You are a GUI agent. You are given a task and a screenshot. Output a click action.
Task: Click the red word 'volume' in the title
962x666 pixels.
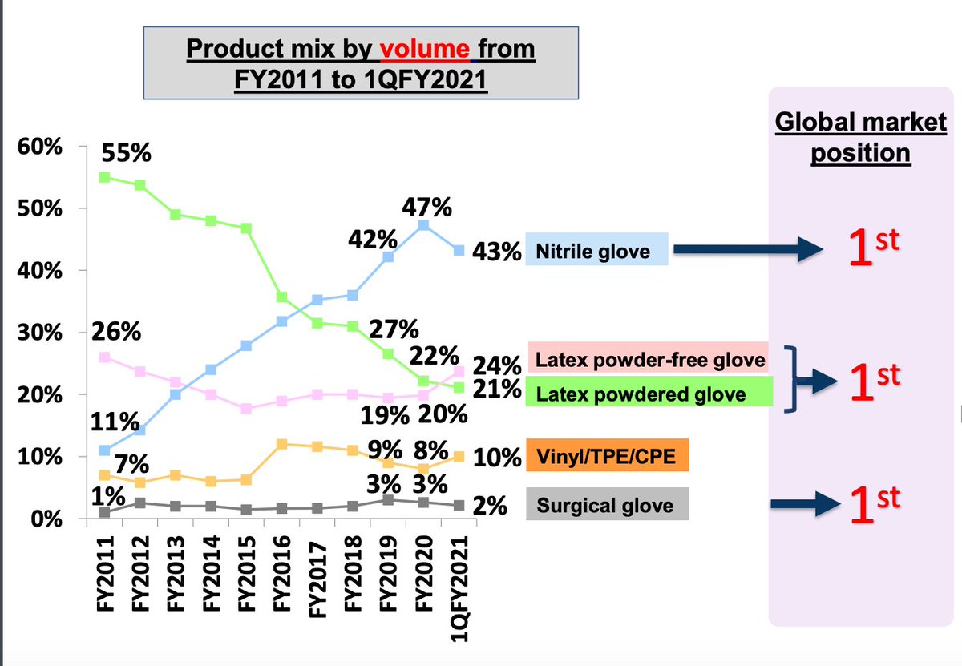pyautogui.click(x=425, y=50)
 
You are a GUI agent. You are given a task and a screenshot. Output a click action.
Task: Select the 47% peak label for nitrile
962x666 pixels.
pyautogui.click(x=426, y=207)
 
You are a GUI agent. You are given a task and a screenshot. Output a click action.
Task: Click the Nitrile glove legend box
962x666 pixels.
pyautogui.click(x=597, y=252)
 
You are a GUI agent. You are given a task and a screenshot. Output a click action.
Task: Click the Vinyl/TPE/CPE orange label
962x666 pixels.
pyautogui.click(x=607, y=458)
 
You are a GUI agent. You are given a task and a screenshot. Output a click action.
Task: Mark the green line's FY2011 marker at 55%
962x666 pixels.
pyautogui.click(x=105, y=177)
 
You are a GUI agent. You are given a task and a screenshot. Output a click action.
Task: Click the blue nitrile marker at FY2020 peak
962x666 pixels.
pyautogui.click(x=424, y=225)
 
